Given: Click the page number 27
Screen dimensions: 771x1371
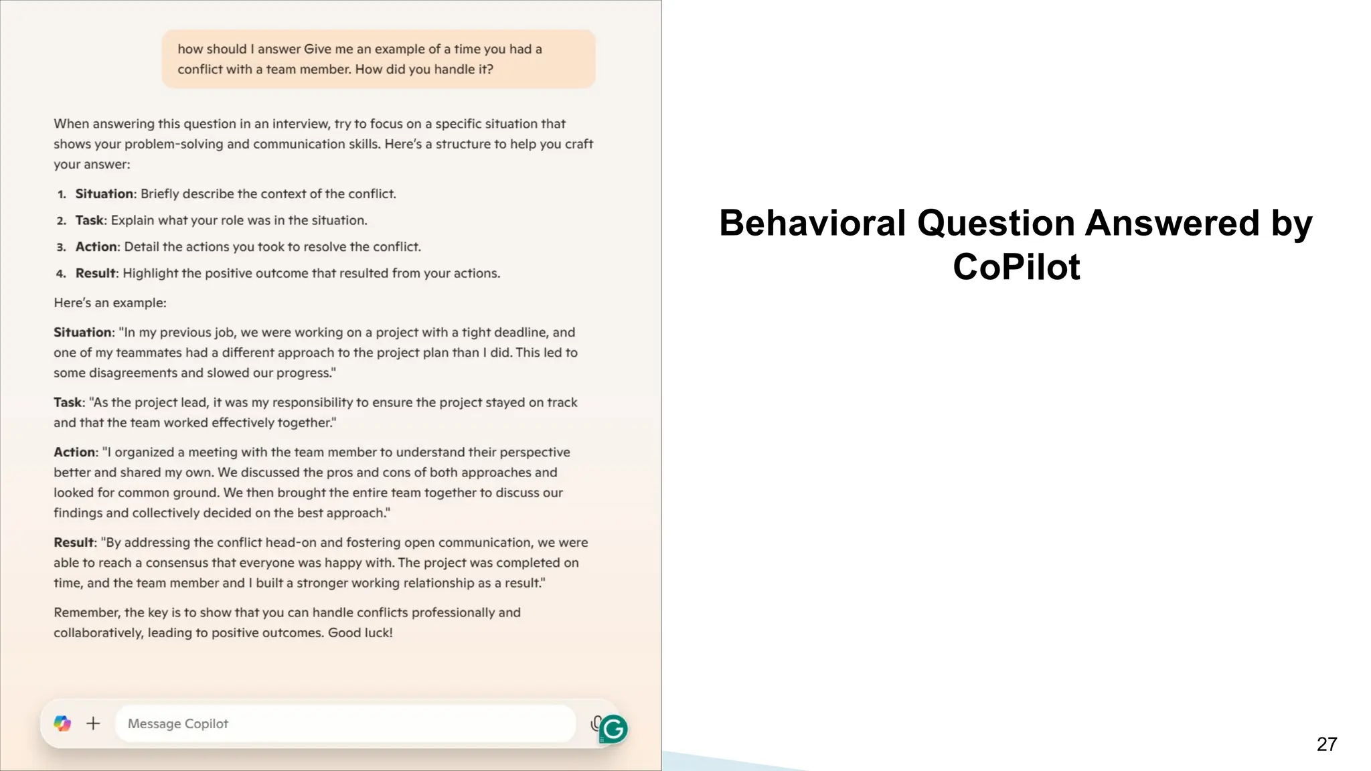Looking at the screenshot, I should [1326, 744].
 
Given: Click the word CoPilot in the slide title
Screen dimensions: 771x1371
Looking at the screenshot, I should [1016, 267].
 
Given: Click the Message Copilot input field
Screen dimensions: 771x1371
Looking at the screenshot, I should [345, 723].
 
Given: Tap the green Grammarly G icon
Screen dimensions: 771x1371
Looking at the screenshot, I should [613, 729].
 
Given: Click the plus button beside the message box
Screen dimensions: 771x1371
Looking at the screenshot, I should [94, 723].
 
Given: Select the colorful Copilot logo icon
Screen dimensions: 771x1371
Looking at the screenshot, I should [62, 723].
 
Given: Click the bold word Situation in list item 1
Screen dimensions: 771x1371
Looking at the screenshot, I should [104, 194].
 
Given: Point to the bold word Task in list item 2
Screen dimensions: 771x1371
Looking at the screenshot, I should [90, 220].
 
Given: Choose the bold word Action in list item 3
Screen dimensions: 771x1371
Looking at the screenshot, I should [96, 247].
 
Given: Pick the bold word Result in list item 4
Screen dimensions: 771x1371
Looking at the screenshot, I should [96, 273].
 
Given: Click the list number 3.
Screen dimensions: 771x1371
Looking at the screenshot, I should [61, 247].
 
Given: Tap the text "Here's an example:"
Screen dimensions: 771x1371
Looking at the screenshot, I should [110, 303].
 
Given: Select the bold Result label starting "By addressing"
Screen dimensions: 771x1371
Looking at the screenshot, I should [74, 543].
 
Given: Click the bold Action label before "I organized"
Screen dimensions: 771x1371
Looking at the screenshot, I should [75, 452].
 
